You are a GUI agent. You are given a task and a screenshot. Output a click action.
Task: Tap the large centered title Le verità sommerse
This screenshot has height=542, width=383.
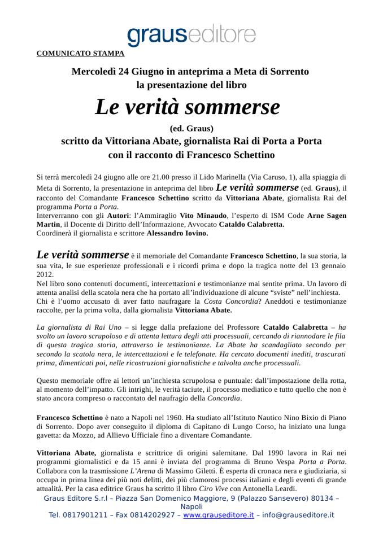(187, 107)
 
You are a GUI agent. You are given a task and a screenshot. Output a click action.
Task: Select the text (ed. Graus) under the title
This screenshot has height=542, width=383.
(191, 128)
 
